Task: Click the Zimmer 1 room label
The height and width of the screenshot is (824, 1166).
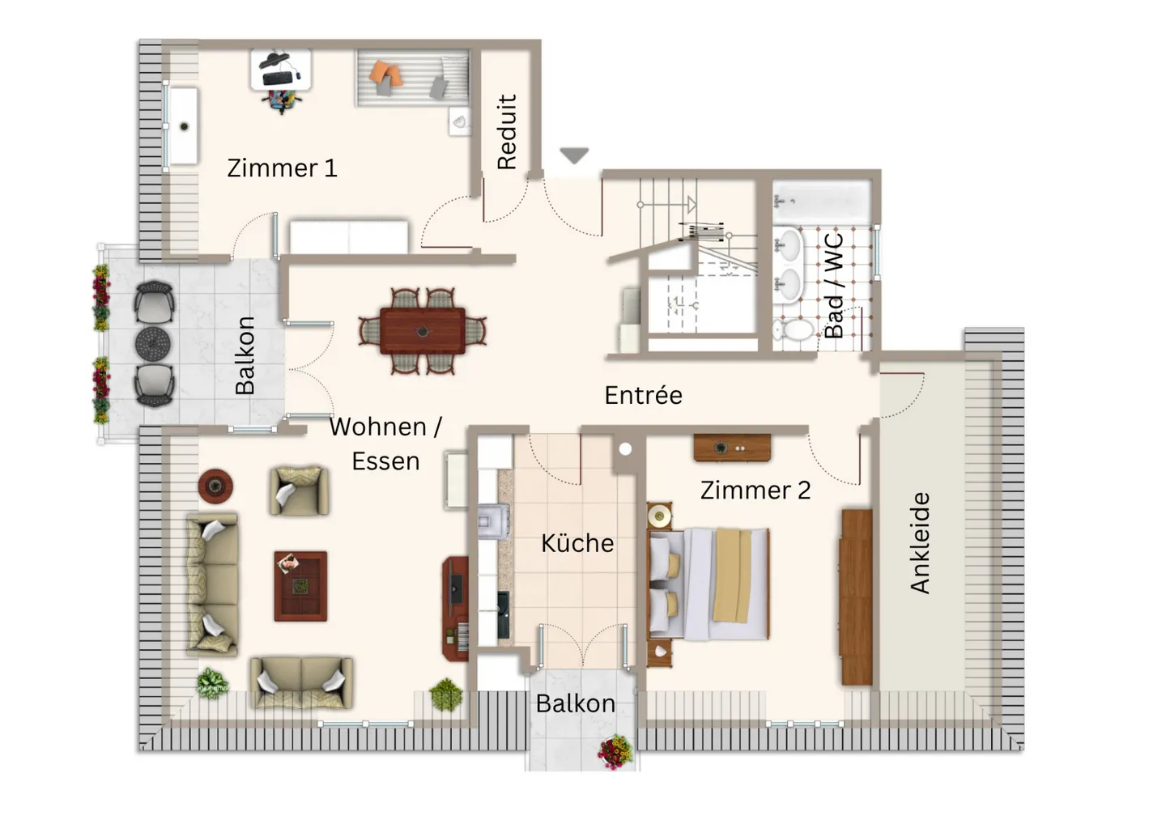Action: (281, 168)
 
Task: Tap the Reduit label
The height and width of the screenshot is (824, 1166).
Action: (507, 132)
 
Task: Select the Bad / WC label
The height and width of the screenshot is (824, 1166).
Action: (834, 286)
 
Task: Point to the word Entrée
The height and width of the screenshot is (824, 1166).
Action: (643, 395)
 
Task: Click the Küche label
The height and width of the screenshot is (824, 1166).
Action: (577, 542)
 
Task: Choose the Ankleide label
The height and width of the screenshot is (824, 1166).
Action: (920, 542)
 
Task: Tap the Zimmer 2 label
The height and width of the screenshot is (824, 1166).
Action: (755, 490)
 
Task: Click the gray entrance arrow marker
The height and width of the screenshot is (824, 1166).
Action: (574, 155)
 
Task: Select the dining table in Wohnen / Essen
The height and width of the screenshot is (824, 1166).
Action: (423, 331)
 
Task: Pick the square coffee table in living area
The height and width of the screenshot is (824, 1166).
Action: (300, 586)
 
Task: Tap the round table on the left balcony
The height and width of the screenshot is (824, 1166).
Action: (152, 343)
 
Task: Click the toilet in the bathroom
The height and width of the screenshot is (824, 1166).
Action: (794, 329)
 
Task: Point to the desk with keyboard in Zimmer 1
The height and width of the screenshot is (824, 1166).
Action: (281, 69)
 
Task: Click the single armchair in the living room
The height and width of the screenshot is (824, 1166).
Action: (299, 490)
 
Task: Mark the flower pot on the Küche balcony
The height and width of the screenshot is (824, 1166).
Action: (615, 751)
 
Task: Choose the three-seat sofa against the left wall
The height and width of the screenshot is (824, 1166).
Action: (212, 583)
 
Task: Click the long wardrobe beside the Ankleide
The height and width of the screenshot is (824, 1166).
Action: (856, 597)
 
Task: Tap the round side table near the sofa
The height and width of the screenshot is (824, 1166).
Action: (215, 486)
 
